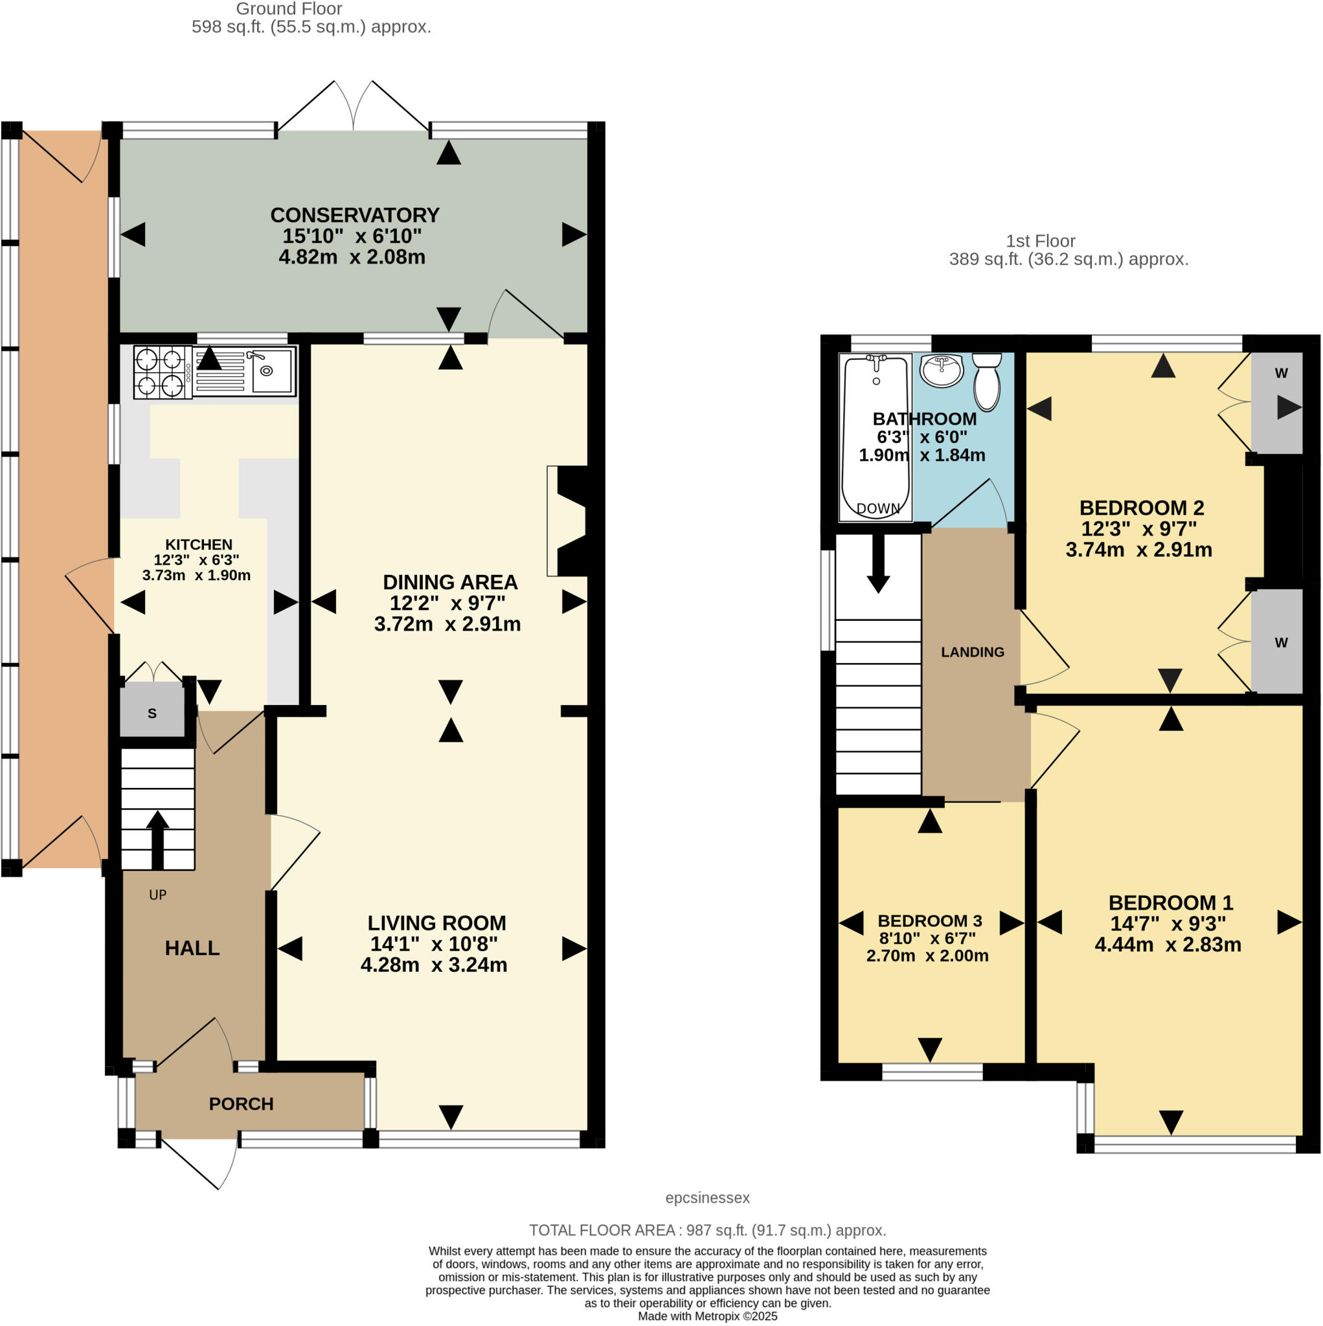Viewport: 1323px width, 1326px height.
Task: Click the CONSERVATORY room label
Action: tap(354, 215)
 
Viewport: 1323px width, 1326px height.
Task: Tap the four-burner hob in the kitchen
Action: tap(162, 373)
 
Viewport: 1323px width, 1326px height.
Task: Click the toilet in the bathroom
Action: tap(987, 381)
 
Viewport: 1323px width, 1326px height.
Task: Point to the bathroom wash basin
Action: tap(942, 370)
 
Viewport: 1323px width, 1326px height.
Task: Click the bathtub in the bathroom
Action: tap(876, 437)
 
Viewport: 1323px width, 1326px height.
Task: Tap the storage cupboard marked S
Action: tap(152, 713)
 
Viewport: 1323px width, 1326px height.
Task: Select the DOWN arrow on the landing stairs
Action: tap(878, 564)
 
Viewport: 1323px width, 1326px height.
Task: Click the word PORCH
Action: tap(241, 1104)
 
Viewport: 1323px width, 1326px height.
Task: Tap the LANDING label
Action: tap(972, 652)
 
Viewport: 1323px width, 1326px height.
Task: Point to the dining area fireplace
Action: tap(570, 521)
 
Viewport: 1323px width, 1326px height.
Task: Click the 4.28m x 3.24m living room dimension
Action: tap(433, 965)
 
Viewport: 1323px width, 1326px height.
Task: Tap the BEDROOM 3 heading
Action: tap(930, 921)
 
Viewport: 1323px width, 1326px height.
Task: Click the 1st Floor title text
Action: tap(1040, 241)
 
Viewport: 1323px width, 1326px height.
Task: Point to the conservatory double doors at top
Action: tap(353, 110)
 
